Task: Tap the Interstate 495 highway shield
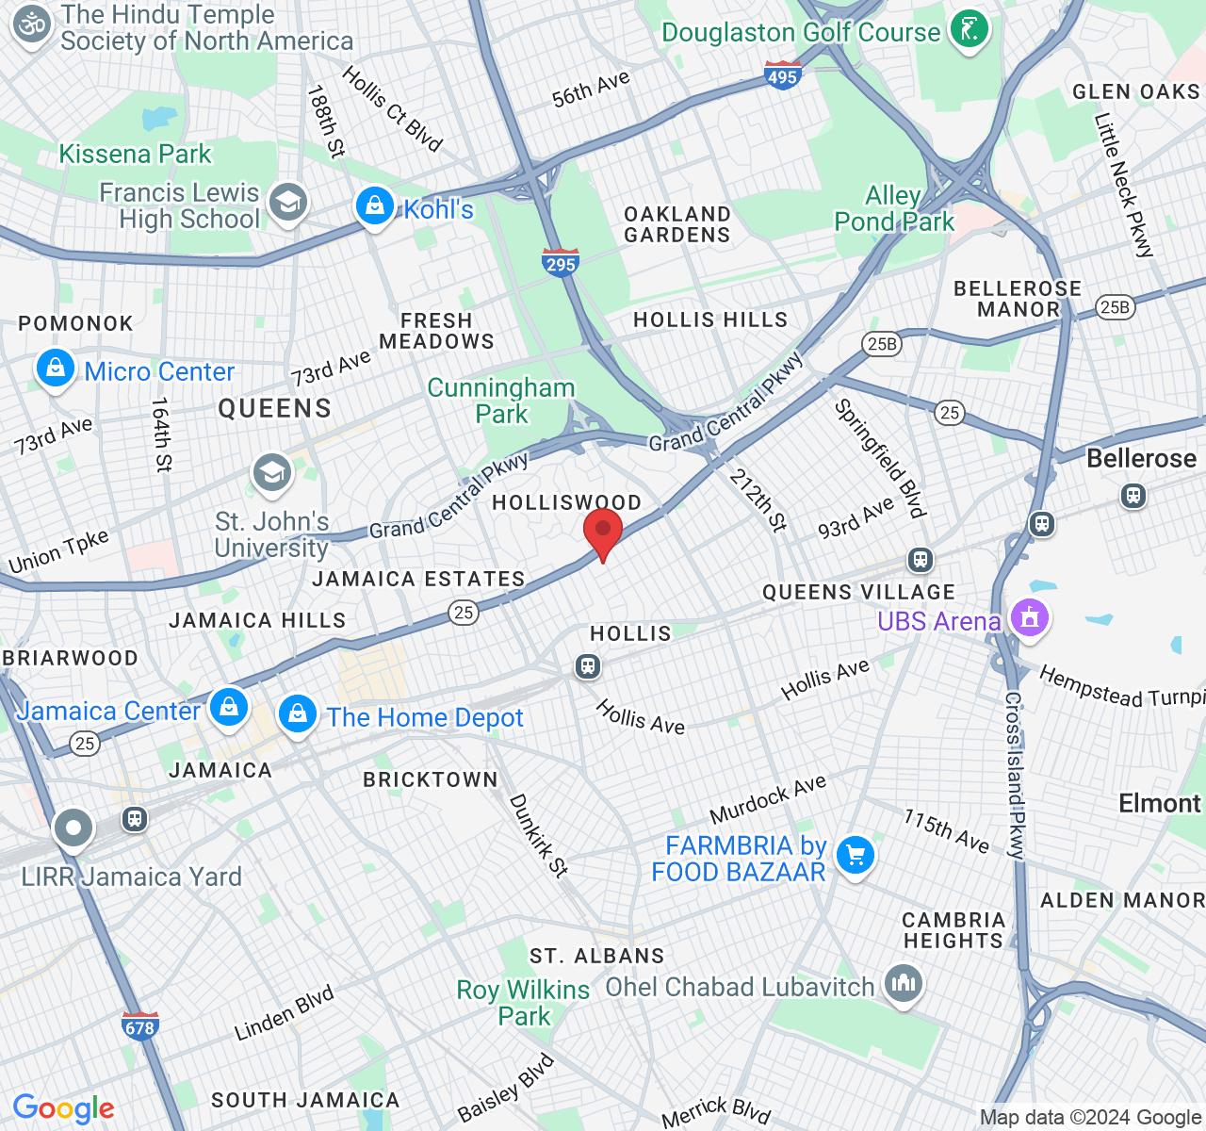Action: (x=783, y=75)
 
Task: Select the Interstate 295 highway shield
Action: (x=560, y=263)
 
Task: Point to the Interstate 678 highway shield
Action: (x=139, y=1026)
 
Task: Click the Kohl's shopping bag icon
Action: (x=374, y=205)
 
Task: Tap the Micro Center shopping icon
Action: (x=56, y=369)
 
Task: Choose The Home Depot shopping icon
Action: (x=298, y=714)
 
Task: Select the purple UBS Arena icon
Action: (x=1029, y=619)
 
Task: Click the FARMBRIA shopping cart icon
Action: (x=855, y=856)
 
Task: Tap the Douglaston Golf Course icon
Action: (x=969, y=29)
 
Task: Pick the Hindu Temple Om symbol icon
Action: (x=33, y=25)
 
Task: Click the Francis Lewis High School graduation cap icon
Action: (x=287, y=202)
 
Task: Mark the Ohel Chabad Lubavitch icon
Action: (x=903, y=985)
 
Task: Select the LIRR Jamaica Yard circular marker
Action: (x=73, y=829)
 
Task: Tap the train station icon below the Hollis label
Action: (x=588, y=667)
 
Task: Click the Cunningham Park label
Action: (x=501, y=401)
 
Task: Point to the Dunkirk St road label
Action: (x=539, y=836)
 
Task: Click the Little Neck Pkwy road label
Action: (x=1123, y=185)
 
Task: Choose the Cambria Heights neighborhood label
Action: (x=953, y=930)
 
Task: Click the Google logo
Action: (x=63, y=1109)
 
